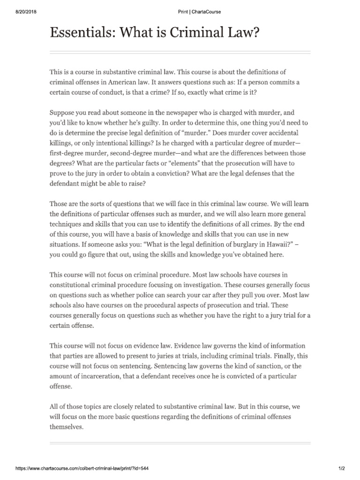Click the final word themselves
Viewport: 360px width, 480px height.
pyautogui.click(x=66, y=427)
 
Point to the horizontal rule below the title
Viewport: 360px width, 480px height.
pyautogui.click(x=180, y=52)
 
